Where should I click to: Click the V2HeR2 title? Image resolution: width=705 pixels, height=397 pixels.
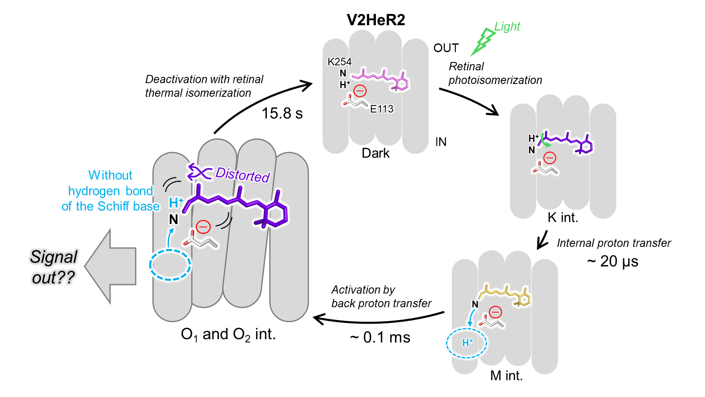tap(376, 20)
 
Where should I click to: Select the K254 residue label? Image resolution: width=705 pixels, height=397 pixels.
tap(339, 62)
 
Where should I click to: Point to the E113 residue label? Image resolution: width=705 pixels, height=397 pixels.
tap(382, 109)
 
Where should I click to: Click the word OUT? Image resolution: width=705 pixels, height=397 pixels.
tap(446, 48)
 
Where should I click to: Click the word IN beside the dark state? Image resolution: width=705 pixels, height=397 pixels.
tap(441, 142)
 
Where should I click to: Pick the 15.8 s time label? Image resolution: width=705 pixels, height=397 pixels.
tap(282, 113)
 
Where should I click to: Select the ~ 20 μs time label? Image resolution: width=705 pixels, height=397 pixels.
tap(613, 261)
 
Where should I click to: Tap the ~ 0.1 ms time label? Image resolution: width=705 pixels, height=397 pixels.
tap(380, 337)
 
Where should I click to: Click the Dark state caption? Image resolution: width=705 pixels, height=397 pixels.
tap(375, 153)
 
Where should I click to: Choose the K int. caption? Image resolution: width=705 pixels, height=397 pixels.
tap(563, 218)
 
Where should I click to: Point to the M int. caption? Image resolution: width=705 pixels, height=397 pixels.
tap(506, 376)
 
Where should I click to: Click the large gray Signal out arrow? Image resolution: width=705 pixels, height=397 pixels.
tap(110, 267)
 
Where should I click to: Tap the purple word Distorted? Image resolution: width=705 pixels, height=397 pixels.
tap(242, 175)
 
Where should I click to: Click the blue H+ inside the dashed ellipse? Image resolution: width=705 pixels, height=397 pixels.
tap(467, 343)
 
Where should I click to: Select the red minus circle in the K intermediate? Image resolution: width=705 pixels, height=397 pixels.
tap(549, 158)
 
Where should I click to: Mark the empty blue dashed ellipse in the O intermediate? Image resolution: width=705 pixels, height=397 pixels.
tap(170, 265)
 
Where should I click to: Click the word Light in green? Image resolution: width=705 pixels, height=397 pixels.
tap(507, 27)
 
